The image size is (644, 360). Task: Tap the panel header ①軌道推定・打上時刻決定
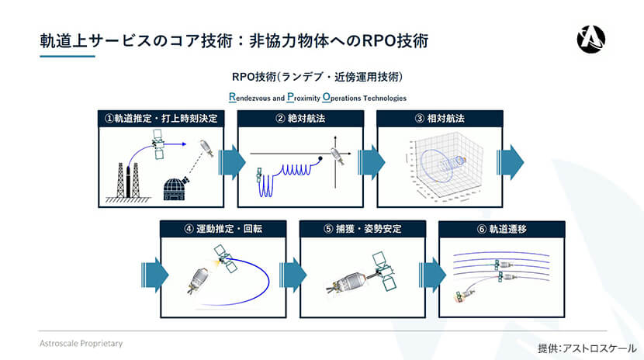[161, 119]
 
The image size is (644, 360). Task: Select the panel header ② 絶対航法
[300, 119]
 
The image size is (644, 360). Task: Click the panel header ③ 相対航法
[440, 119]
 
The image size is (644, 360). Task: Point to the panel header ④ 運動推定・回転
[223, 229]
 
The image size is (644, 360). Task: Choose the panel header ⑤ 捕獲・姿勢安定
[362, 229]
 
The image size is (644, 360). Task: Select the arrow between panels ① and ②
[232, 164]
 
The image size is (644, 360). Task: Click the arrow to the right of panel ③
[513, 164]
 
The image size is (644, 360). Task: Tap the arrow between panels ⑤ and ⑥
[432, 274]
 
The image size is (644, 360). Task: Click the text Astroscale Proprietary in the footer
[81, 342]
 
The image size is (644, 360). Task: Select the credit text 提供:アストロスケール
[587, 348]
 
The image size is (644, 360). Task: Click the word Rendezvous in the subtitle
[256, 99]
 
